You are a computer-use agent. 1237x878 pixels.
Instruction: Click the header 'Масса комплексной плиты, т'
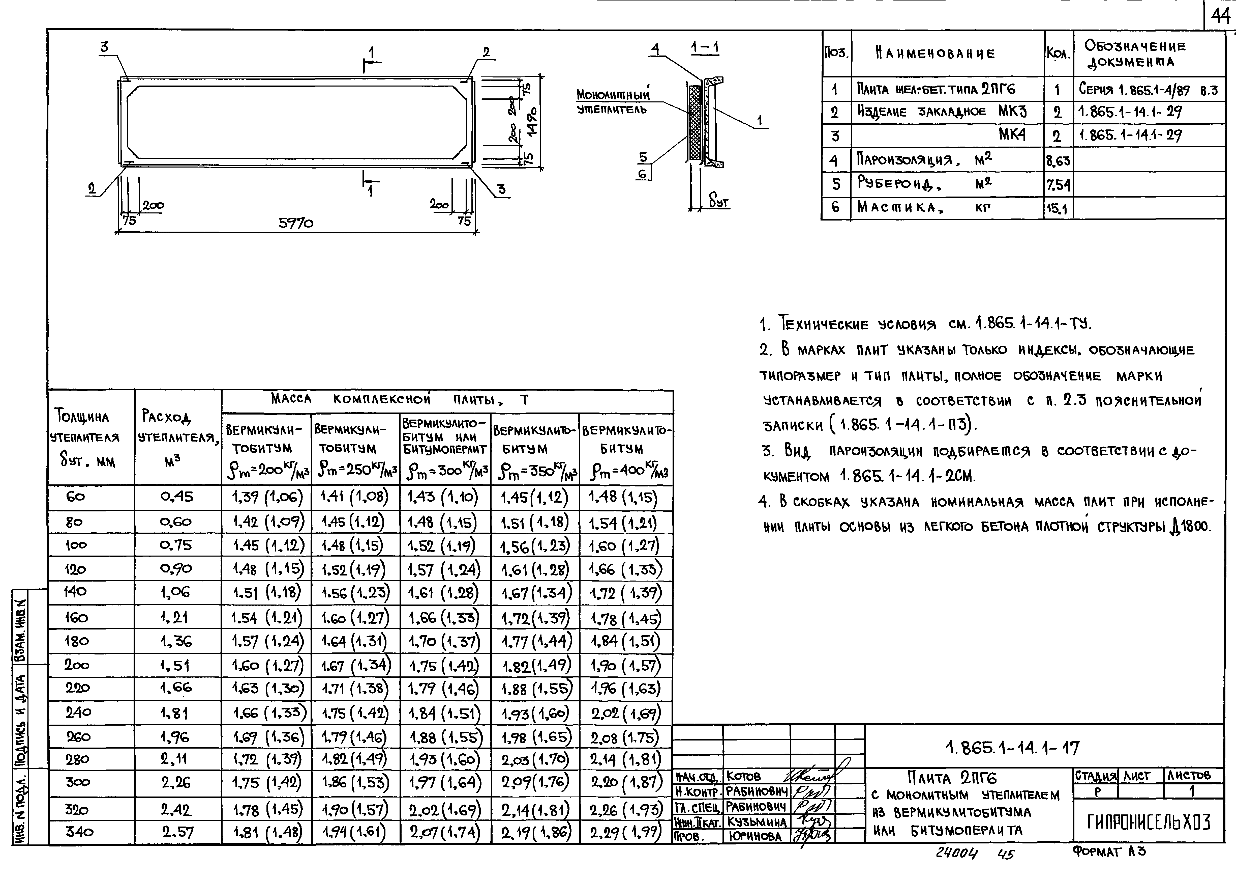400,400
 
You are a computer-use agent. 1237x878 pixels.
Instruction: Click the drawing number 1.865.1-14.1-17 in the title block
1012,748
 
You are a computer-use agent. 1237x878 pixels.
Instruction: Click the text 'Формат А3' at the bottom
1108,852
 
